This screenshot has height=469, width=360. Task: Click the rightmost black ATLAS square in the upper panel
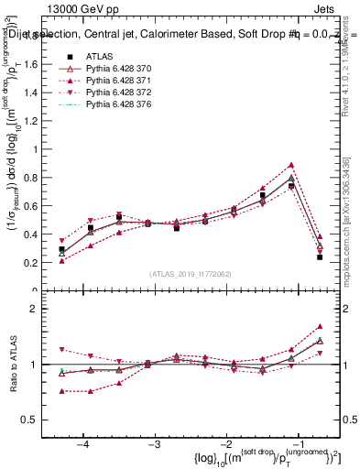click(x=320, y=257)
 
